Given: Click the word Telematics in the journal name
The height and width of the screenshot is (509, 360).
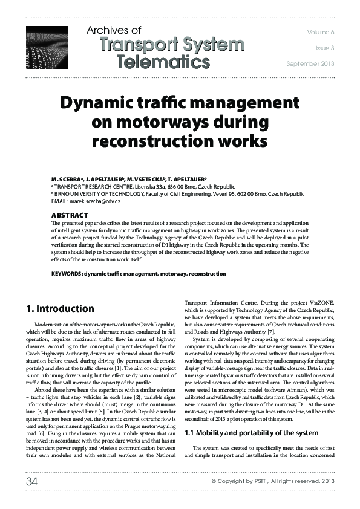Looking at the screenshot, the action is (x=163, y=61).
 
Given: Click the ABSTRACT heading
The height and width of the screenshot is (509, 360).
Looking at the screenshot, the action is (x=70, y=215).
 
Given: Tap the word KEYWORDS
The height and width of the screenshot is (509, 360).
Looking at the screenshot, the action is (x=67, y=274).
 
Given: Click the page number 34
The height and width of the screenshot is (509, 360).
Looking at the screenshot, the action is (x=31, y=481).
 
